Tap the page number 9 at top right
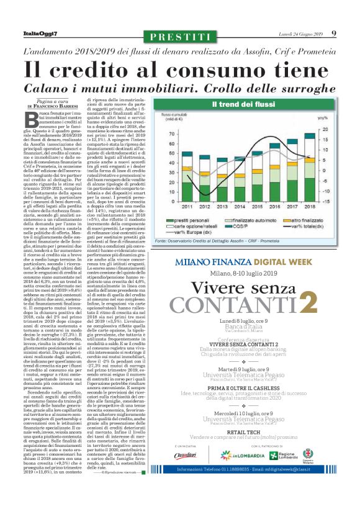pyautogui.click(x=334, y=34)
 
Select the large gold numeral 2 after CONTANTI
pyautogui.click(x=308, y=303)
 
